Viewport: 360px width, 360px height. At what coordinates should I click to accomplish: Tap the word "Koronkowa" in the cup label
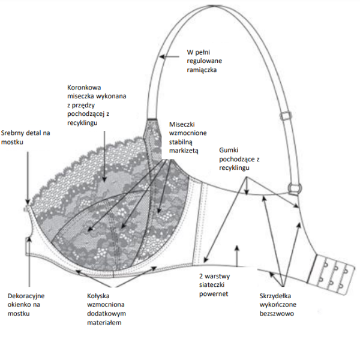86,86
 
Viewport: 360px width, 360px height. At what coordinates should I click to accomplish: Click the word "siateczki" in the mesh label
214,285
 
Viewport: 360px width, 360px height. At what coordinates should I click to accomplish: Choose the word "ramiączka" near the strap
202,70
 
